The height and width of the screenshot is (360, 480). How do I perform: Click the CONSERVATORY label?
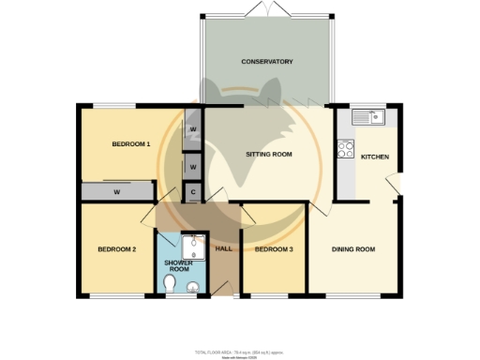pyautogui.click(x=267, y=62)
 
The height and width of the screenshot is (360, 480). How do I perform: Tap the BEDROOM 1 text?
pyautogui.click(x=131, y=143)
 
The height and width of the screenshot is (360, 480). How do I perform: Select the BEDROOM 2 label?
pyautogui.click(x=118, y=249)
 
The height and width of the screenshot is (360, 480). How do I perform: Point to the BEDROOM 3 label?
pyautogui.click(x=274, y=249)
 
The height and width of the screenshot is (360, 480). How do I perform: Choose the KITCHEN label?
pyautogui.click(x=375, y=157)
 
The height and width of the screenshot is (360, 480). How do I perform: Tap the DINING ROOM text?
pyautogui.click(x=353, y=249)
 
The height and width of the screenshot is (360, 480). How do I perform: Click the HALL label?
pyautogui.click(x=223, y=249)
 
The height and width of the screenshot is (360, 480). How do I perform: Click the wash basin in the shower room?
pyautogui.click(x=194, y=287)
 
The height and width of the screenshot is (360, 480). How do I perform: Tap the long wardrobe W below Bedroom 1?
pyautogui.click(x=117, y=192)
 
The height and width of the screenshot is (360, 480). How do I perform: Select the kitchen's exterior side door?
pyautogui.click(x=398, y=186)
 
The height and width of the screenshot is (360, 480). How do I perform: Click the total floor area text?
pyautogui.click(x=240, y=352)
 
